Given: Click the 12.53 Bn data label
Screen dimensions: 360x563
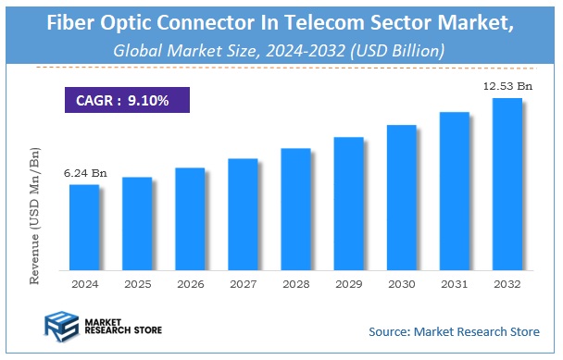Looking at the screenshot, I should [506, 86].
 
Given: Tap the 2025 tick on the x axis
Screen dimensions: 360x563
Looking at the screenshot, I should [136, 283].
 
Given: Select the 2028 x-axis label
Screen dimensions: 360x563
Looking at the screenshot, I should [295, 283].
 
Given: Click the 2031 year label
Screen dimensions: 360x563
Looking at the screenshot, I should [454, 283].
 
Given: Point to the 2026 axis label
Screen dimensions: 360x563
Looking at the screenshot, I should [189, 283].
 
